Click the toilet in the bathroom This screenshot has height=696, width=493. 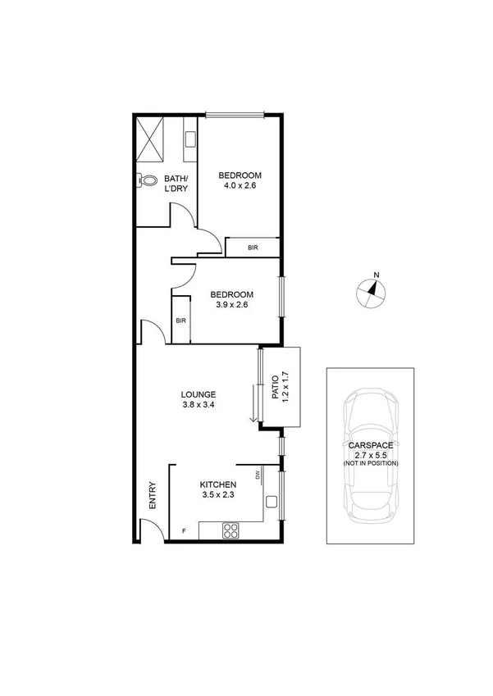(x=148, y=180)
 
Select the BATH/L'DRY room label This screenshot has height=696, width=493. (x=176, y=184)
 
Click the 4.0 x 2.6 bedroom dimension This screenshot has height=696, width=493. (x=240, y=186)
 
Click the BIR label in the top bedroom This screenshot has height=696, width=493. (x=253, y=247)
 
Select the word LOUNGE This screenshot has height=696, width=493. (x=199, y=394)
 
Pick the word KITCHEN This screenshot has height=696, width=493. (x=219, y=484)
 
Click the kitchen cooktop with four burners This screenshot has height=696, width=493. (x=231, y=531)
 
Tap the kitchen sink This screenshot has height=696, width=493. (x=272, y=501)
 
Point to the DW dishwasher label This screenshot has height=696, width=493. (x=257, y=475)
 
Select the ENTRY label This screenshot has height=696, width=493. (x=153, y=497)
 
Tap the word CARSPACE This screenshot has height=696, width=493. (x=371, y=445)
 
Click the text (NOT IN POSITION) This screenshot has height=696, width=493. (x=371, y=464)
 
